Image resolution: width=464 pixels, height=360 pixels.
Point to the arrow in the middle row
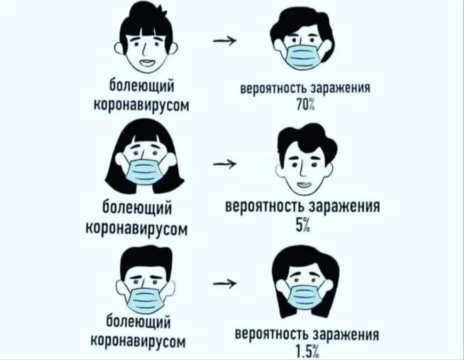pos(225,163)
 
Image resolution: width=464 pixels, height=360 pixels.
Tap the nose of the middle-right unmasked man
pos(303,168)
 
